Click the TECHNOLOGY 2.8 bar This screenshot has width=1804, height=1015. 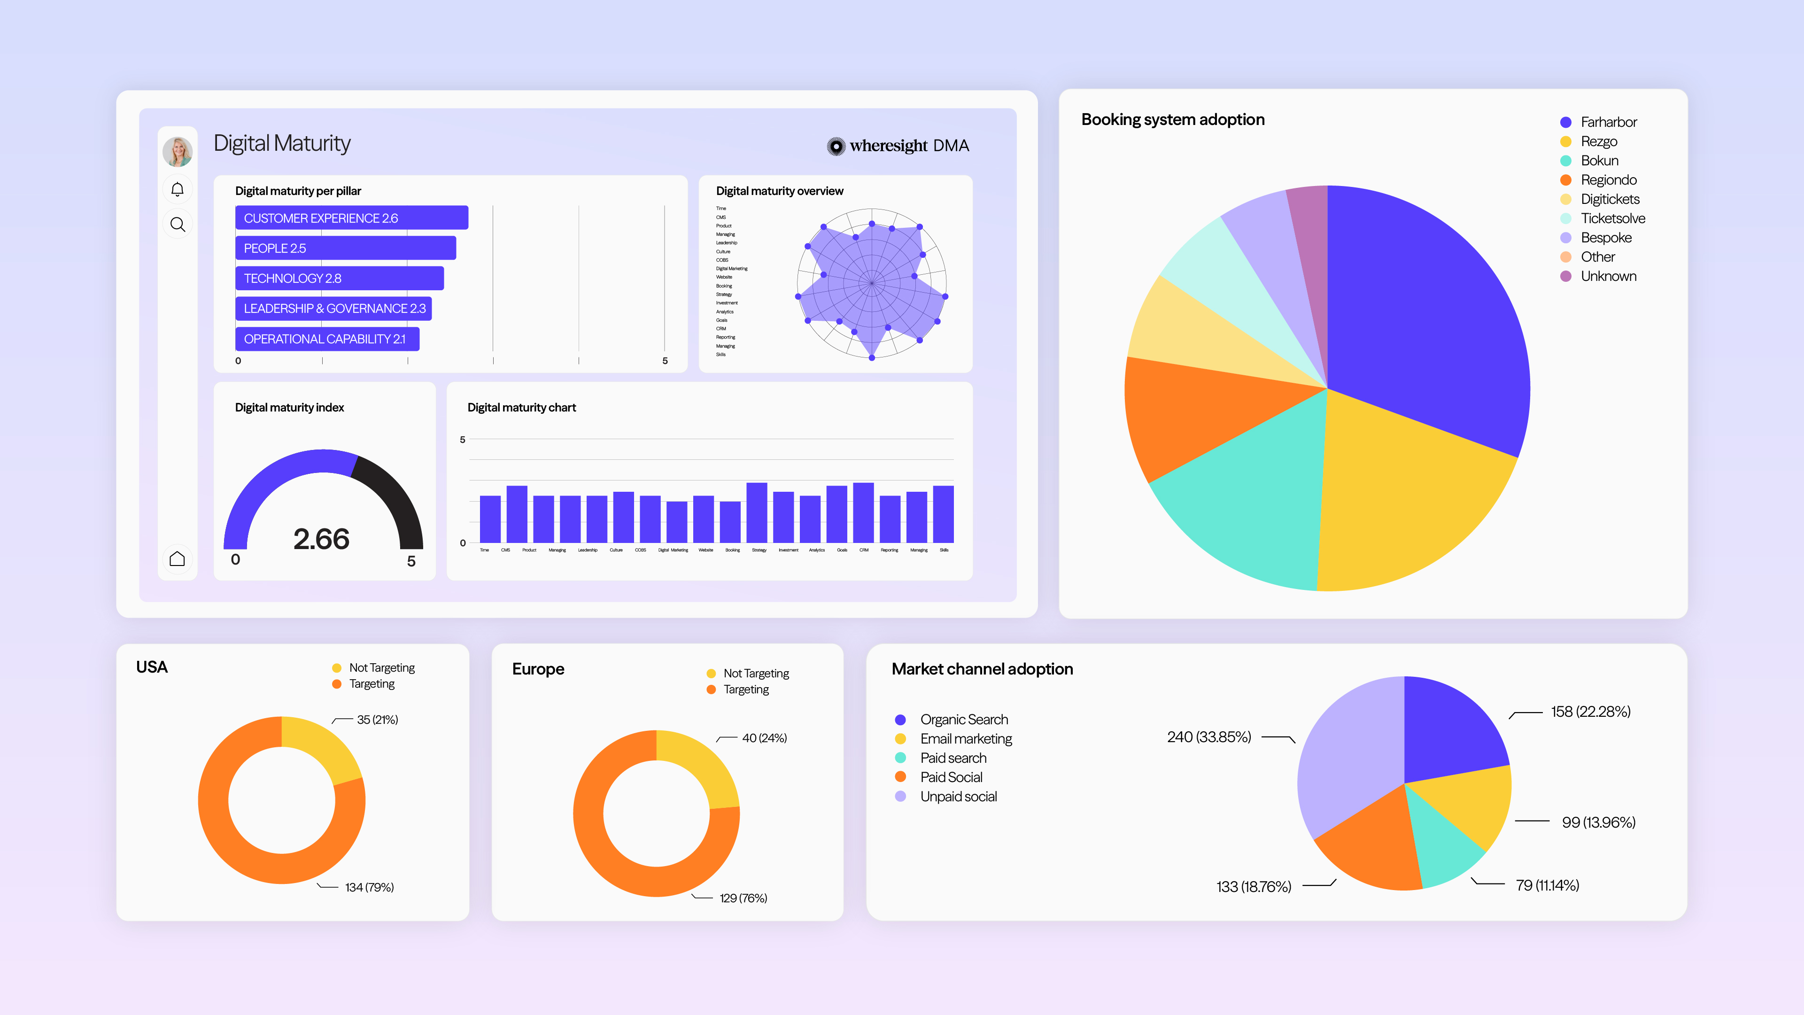coord(339,278)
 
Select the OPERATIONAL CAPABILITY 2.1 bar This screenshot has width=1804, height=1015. coord(326,339)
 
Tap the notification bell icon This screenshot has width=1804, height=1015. coord(178,189)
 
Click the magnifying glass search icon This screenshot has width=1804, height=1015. coord(178,224)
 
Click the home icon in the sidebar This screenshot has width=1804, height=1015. coord(178,558)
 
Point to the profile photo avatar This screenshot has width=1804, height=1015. coord(178,151)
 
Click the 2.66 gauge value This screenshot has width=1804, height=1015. coord(321,539)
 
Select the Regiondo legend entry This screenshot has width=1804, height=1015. coord(1608,180)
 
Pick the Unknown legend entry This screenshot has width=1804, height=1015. coord(1608,277)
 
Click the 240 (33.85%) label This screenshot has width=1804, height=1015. coord(1209,737)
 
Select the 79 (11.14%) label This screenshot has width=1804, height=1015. coord(1547,885)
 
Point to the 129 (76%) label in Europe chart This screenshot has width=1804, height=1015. coord(743,898)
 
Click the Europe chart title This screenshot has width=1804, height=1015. coord(538,669)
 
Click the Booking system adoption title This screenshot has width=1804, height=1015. coord(1172,120)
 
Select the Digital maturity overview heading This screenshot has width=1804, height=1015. coord(780,191)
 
